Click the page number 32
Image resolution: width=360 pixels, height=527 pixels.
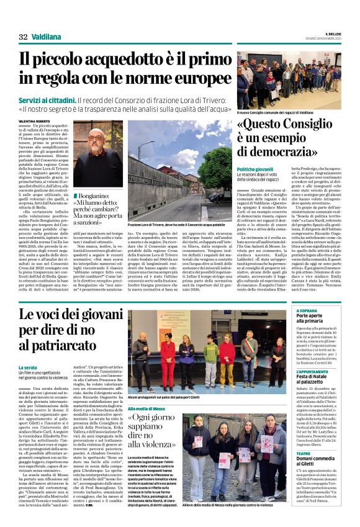(23, 37)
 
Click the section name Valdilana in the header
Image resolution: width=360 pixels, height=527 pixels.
(46, 37)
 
